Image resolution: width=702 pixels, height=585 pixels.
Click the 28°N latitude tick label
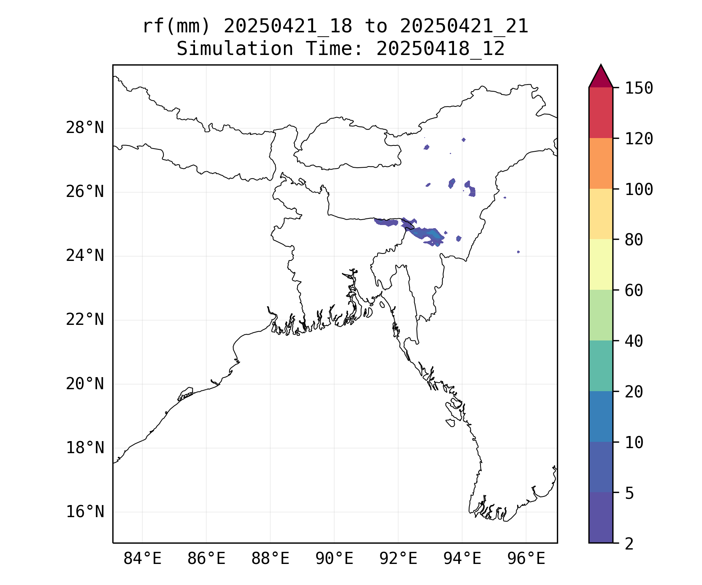click(85, 128)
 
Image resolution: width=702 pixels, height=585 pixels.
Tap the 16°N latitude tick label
click(85, 512)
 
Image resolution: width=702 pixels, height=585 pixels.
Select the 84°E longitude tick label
click(142, 559)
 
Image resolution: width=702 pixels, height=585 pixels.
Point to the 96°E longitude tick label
click(526, 559)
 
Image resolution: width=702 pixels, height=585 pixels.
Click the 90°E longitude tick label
click(334, 559)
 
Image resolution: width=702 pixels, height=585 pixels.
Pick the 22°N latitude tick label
click(85, 320)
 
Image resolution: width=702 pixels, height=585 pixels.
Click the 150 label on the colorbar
click(639, 88)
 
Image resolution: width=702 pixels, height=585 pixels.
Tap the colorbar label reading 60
click(634, 291)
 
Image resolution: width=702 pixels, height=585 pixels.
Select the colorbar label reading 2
click(629, 544)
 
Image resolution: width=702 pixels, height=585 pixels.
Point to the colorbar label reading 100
click(639, 190)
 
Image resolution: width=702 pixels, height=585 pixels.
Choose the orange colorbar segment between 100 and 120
click(601, 163)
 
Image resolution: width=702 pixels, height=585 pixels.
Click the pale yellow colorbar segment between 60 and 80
click(601, 264)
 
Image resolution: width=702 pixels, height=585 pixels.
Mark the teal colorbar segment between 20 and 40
click(601, 366)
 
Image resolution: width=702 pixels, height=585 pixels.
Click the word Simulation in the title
click(235, 49)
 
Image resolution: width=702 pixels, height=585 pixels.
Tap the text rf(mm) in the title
click(176, 27)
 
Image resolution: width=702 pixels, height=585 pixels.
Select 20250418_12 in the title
click(441, 49)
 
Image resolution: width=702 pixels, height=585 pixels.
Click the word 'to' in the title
click(376, 27)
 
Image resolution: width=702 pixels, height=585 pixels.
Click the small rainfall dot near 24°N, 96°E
click(518, 252)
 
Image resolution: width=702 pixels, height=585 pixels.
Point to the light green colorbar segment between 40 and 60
click(601, 315)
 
